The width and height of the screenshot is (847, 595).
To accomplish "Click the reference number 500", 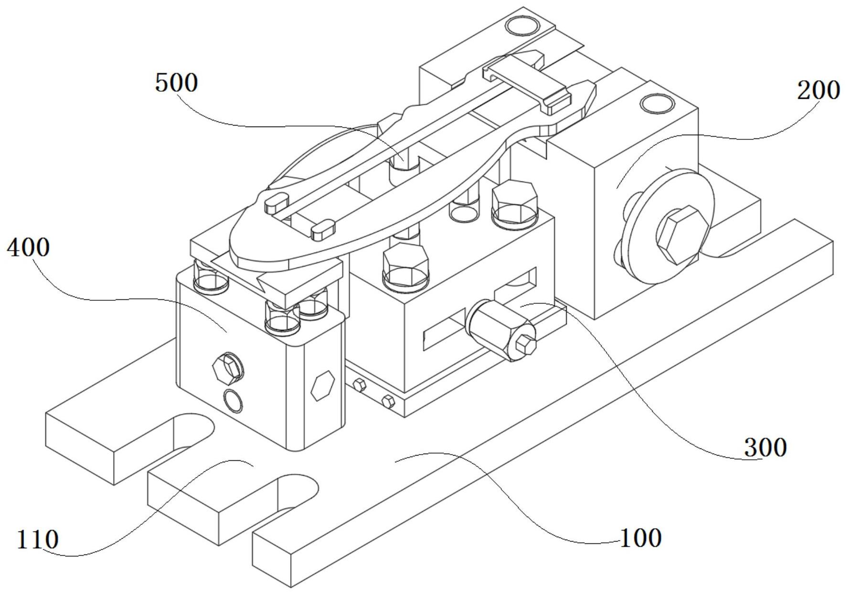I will click(176, 84).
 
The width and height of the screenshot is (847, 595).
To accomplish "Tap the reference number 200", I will click(818, 90).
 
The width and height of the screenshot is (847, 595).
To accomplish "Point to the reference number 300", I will click(765, 448).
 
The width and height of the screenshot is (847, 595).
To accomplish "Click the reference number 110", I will click(38, 540).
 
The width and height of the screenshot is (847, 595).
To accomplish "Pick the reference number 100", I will click(640, 538).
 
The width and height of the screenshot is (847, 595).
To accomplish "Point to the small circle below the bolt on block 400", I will click(233, 400).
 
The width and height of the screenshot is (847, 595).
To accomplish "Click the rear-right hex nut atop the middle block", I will click(514, 201).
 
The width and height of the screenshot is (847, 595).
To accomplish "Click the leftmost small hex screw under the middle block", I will click(358, 384).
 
